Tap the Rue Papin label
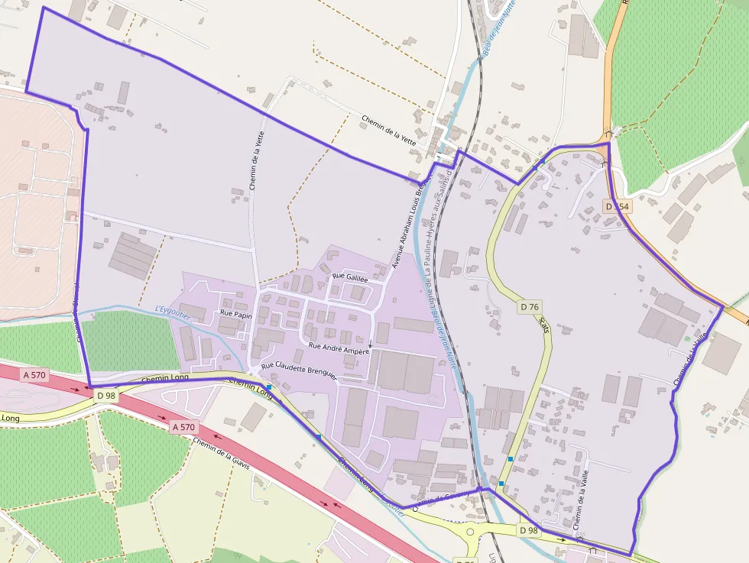(236, 313)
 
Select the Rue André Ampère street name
(339, 348)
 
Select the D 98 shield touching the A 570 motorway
(105, 395)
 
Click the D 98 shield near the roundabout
(529, 530)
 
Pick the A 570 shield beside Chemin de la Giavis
(184, 427)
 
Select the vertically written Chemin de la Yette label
(257, 160)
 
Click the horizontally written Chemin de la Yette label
(389, 129)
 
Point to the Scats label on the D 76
(543, 325)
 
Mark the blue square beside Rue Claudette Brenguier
(269, 387)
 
